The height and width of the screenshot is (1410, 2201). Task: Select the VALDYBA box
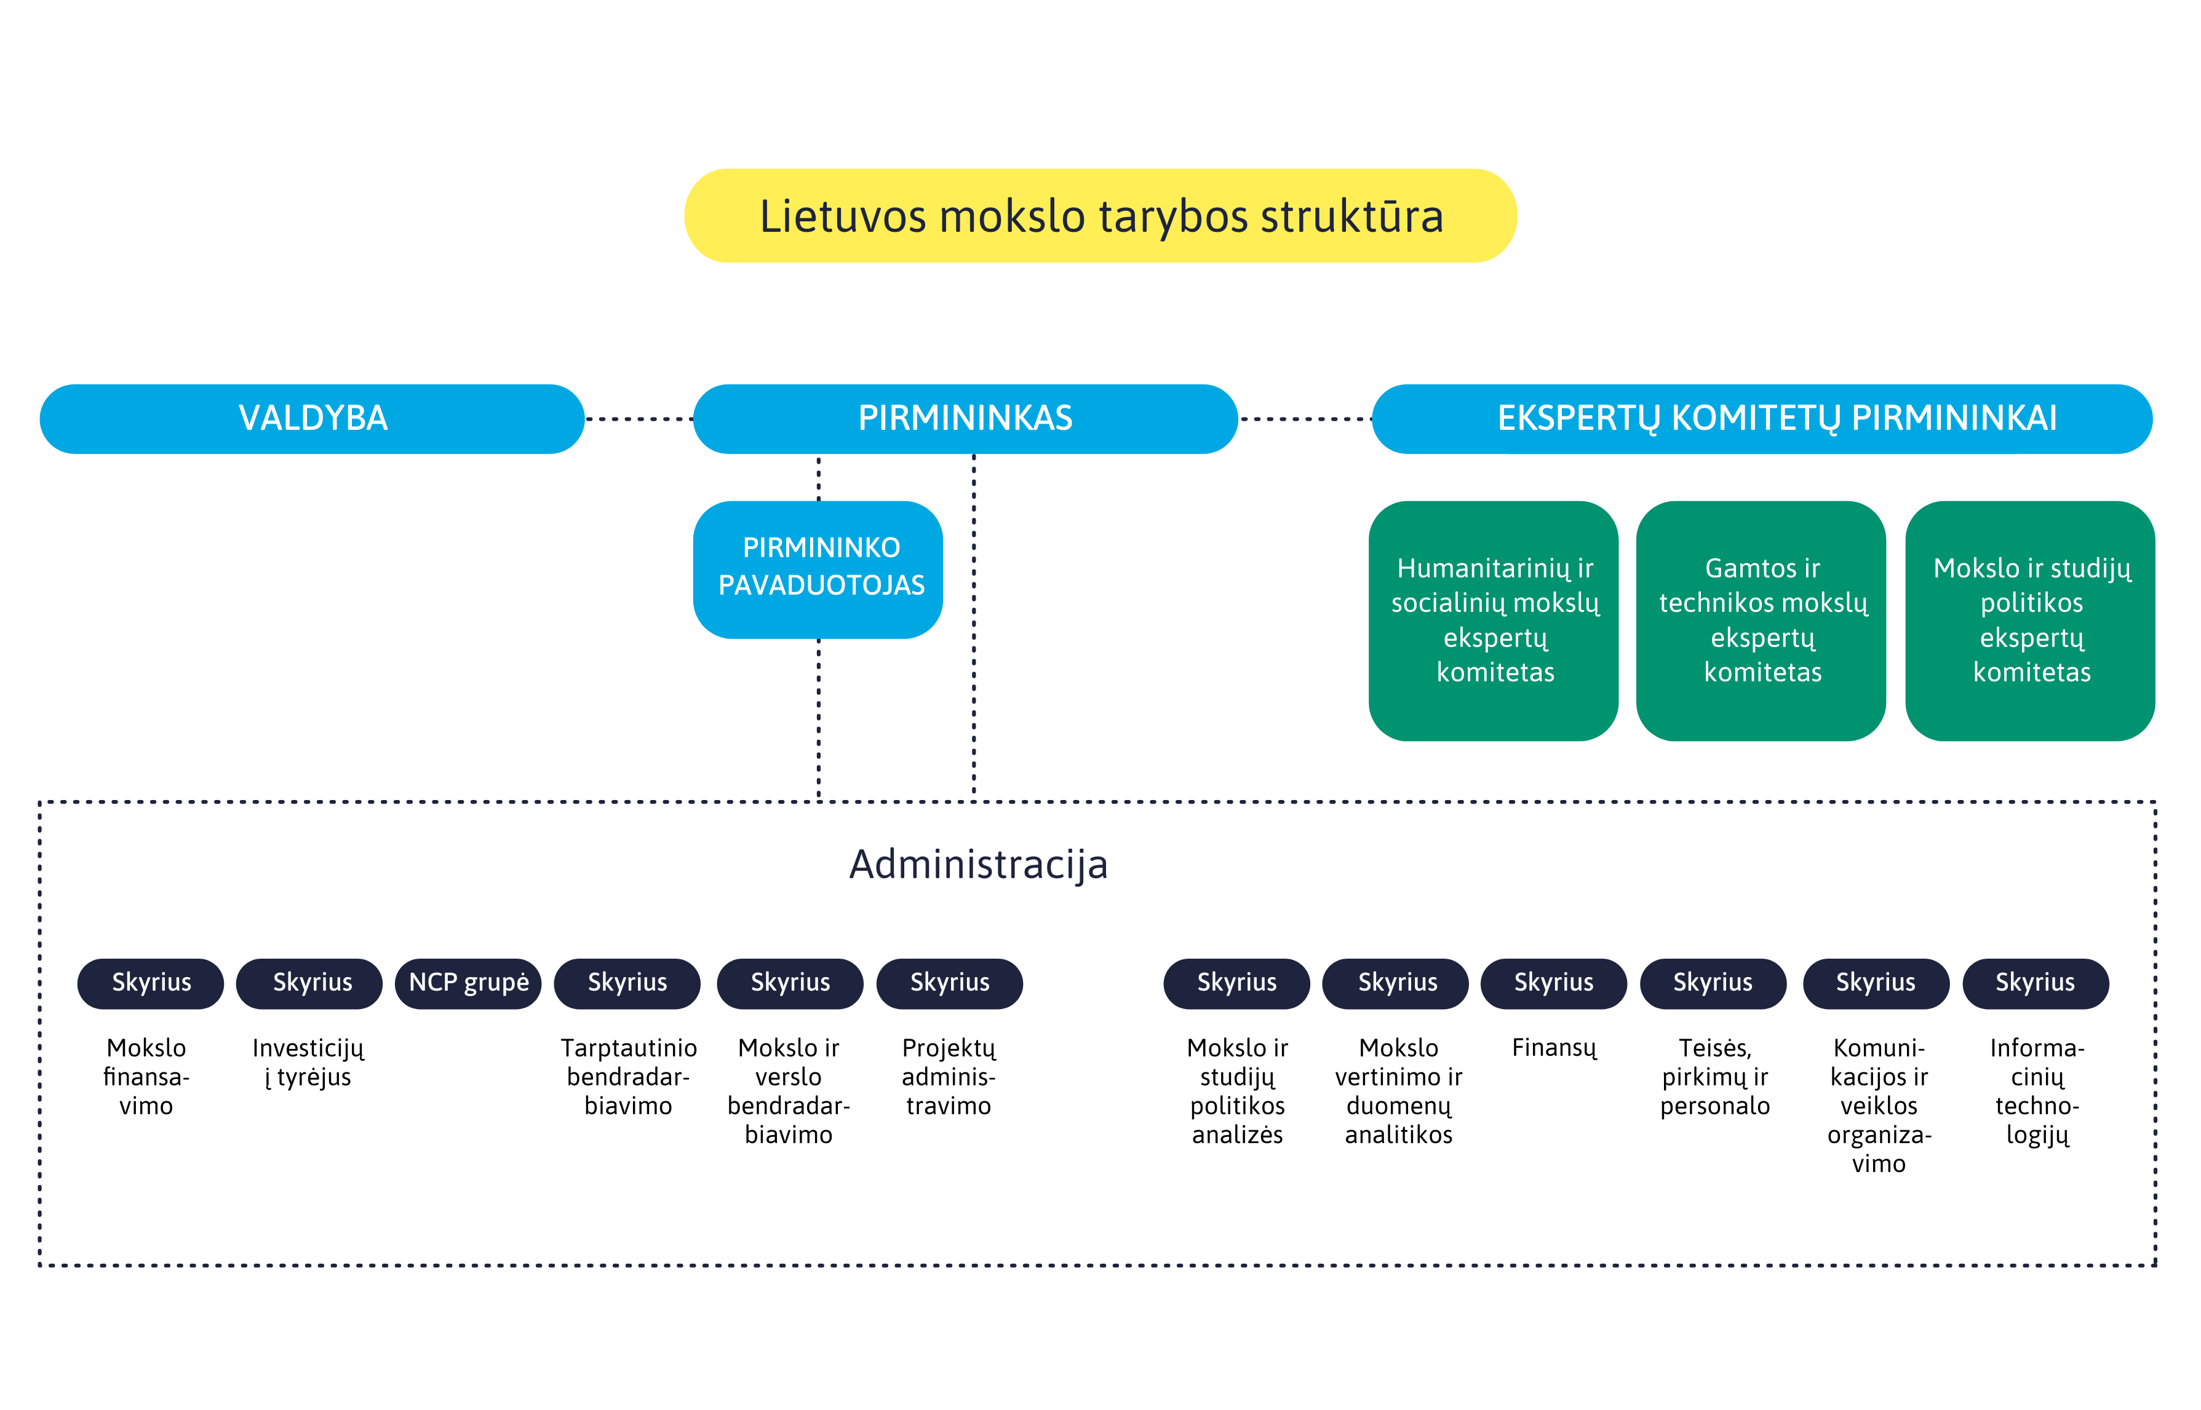(x=312, y=418)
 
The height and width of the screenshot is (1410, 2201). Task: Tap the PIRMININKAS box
(x=965, y=418)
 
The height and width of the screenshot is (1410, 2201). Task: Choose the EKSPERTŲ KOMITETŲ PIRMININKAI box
(x=1762, y=418)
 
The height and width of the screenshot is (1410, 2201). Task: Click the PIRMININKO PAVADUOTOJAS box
(x=818, y=569)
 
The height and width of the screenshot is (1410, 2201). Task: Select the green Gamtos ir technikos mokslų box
(x=1761, y=621)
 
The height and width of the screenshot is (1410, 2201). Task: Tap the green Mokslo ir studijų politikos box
(x=2030, y=621)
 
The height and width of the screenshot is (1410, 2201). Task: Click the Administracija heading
(x=978, y=865)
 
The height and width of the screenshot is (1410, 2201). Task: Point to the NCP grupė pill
(x=468, y=983)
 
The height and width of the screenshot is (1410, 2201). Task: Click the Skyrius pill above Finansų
(x=1553, y=983)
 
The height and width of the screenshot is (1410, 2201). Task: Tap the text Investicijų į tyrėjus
(x=309, y=1062)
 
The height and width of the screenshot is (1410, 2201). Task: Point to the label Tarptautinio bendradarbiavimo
(x=628, y=1077)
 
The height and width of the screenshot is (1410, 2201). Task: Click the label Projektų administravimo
(x=949, y=1077)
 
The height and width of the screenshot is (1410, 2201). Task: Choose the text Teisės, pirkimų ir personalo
(x=1714, y=1077)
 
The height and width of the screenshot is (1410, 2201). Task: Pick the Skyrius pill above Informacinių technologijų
(x=2035, y=983)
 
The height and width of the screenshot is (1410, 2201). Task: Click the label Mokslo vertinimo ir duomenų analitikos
(x=1399, y=1091)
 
